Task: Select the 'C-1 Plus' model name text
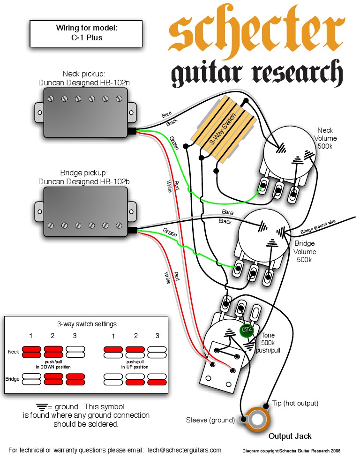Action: pos(87,38)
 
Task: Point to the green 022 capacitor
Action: pos(246,331)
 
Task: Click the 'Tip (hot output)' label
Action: pos(295,403)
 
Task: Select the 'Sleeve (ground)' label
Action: pos(210,420)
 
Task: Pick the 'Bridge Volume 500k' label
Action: pos(305,251)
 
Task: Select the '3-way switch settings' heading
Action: pos(87,324)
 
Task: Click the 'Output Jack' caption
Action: pos(290,436)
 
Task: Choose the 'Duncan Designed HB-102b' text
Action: pos(84,181)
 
